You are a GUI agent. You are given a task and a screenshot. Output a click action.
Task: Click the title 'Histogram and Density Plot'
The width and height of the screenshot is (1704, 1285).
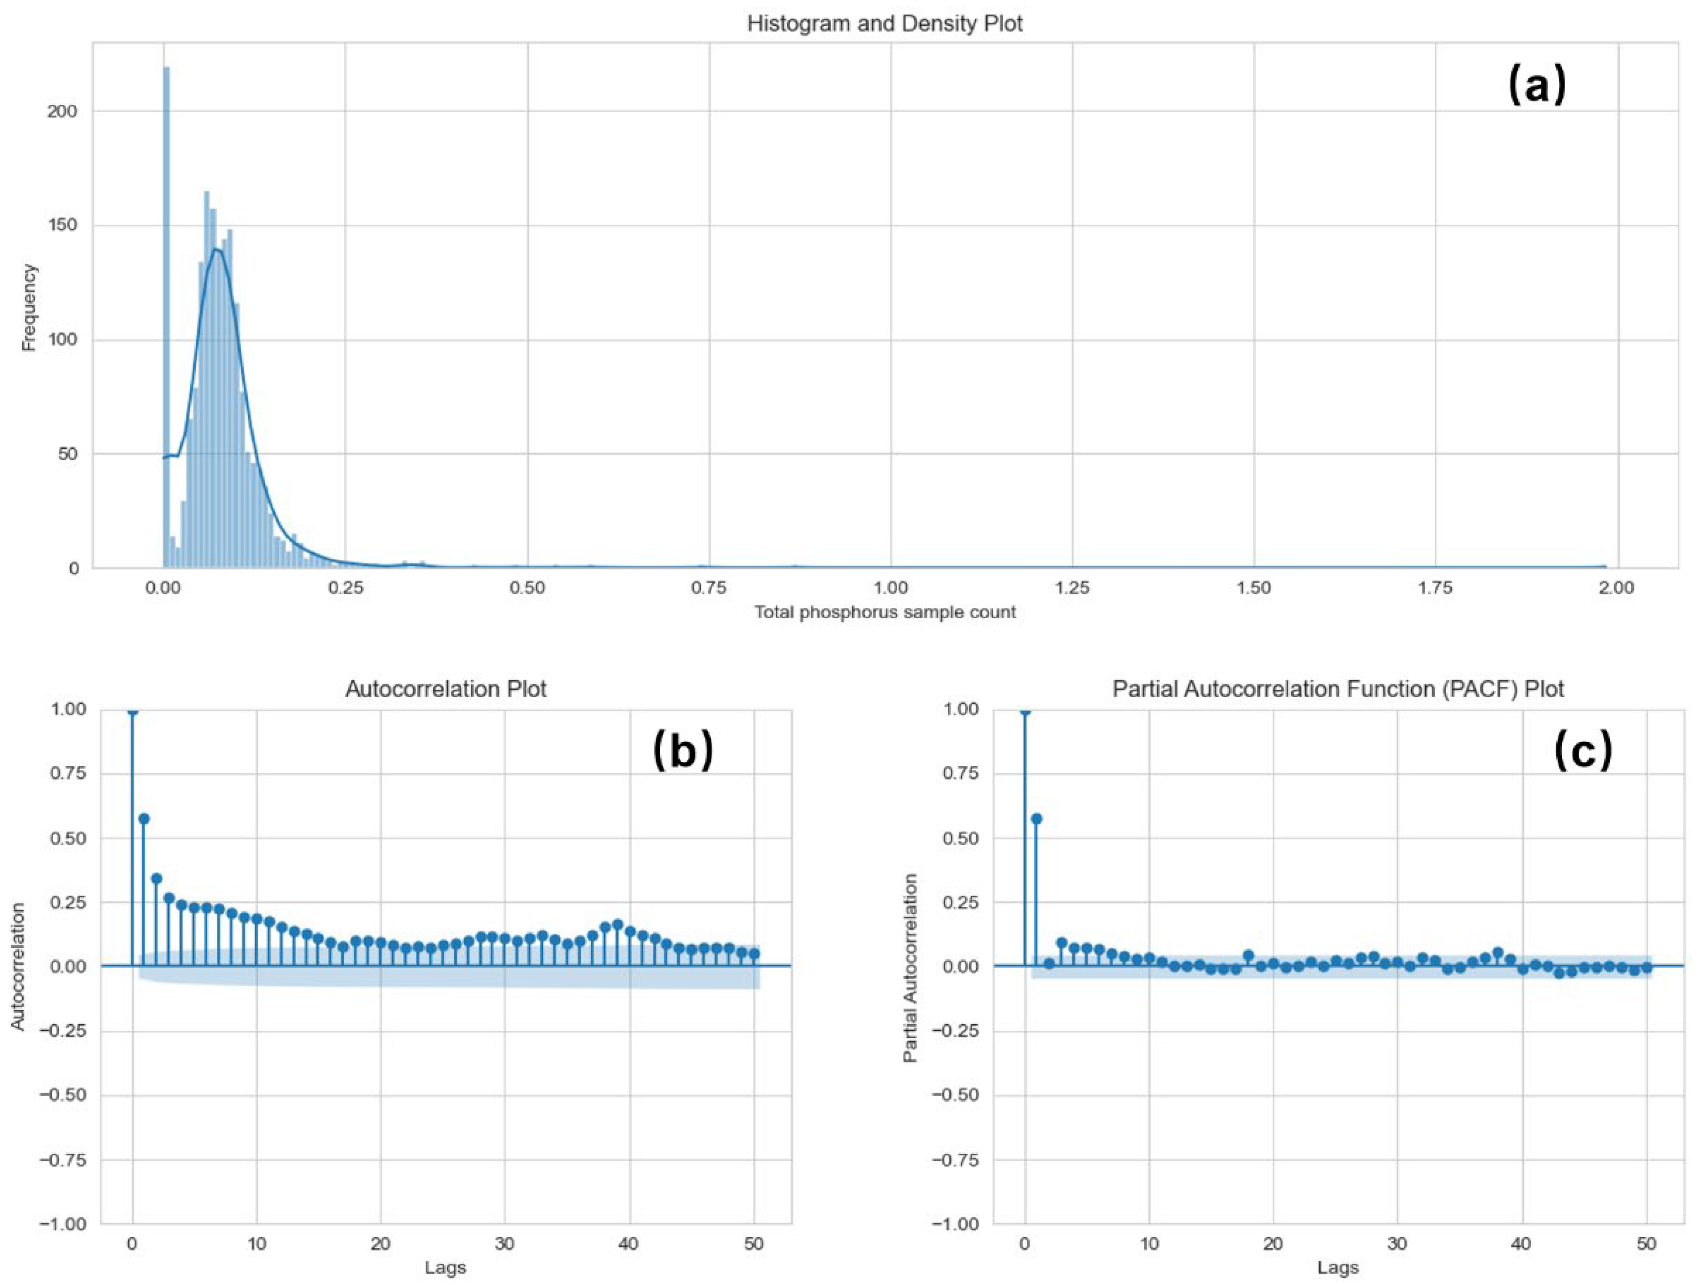tap(884, 24)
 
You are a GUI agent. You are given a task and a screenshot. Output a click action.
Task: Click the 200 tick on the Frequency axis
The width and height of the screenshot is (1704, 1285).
tap(62, 112)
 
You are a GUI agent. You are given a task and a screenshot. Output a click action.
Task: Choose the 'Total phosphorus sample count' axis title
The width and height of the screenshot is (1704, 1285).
tap(884, 613)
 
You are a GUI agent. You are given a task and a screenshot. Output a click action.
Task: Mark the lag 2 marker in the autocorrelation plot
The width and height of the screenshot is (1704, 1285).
tap(157, 878)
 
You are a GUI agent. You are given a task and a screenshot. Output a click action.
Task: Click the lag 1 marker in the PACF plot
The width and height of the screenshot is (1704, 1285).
tap(1036, 819)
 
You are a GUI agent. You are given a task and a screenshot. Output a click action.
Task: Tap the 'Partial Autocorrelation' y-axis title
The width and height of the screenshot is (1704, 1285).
tap(911, 967)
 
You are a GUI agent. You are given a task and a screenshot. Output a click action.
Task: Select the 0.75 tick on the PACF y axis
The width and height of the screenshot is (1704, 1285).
tap(961, 774)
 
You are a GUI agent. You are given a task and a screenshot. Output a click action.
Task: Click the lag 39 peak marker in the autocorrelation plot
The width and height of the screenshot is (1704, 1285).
tap(617, 924)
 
